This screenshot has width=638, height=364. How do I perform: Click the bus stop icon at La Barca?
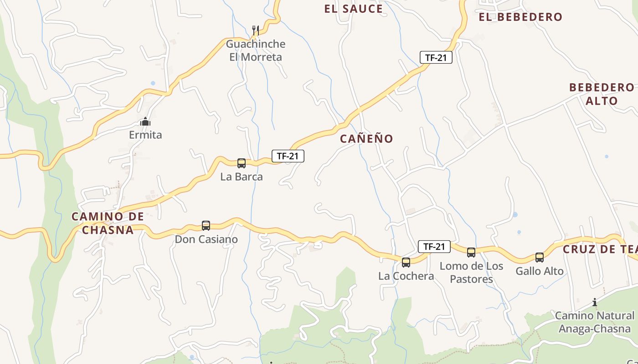[x=242, y=163]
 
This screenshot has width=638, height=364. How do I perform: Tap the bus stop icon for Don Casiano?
[x=206, y=226]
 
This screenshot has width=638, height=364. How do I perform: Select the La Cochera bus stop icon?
[x=406, y=262]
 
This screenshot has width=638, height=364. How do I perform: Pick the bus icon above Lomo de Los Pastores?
[x=471, y=252]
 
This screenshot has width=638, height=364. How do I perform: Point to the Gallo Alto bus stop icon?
[x=540, y=258]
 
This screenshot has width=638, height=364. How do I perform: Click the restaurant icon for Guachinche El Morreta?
[x=256, y=30]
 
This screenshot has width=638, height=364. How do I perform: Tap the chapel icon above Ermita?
[x=145, y=121]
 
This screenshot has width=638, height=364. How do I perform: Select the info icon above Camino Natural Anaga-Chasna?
[x=595, y=302]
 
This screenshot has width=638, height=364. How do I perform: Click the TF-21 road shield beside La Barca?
[x=288, y=156]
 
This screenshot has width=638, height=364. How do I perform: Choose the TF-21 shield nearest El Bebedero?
[x=436, y=57]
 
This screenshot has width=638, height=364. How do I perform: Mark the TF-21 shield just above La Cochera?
[x=434, y=247]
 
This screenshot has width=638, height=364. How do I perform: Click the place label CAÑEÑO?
[x=366, y=139]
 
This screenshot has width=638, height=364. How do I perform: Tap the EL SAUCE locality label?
[x=354, y=9]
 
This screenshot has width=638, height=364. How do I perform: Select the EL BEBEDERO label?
[x=520, y=17]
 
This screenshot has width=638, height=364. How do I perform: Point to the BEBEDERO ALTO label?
[x=602, y=94]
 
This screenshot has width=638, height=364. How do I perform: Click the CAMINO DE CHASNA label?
[x=108, y=223]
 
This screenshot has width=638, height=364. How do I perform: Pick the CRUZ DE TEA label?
[x=600, y=249]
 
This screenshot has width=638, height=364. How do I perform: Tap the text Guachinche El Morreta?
[x=256, y=51]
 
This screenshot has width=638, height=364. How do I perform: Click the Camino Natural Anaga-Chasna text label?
[x=595, y=322]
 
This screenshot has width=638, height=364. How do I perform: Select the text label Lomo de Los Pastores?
[x=471, y=272]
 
